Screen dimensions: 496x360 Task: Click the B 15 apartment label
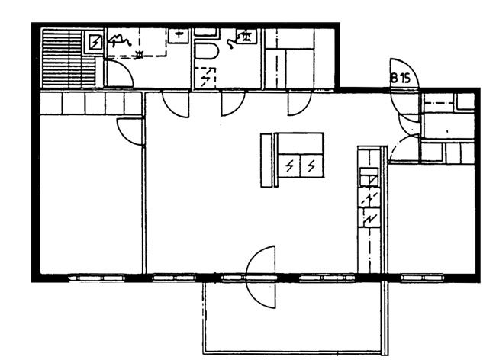401,78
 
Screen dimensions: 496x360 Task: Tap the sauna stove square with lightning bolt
95,42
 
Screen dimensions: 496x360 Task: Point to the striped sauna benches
68,58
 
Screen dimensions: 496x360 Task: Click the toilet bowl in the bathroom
206,50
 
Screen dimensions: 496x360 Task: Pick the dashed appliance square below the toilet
205,77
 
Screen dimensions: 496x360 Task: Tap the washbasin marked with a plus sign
179,36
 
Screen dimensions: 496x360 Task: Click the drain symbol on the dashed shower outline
139,54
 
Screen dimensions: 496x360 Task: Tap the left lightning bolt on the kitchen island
289,166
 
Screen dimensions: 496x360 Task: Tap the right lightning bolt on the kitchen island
311,166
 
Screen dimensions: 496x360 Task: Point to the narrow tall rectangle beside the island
266,160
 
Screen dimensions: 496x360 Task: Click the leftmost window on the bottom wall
97,278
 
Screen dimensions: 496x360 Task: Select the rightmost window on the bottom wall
423,278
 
